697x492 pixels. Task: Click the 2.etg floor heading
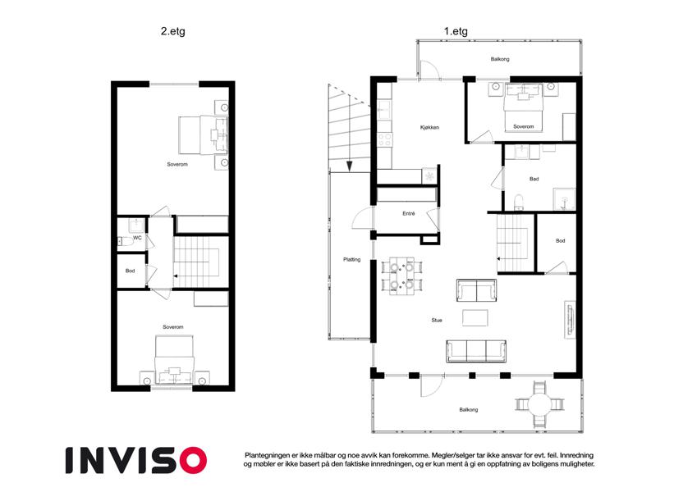(173, 32)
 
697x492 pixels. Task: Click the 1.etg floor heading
(456, 32)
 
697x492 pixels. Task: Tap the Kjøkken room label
(429, 127)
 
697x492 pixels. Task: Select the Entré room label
(409, 213)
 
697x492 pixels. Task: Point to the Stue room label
(437, 320)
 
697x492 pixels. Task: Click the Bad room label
(534, 179)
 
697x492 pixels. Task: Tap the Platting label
(351, 260)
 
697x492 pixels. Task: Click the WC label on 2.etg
(137, 238)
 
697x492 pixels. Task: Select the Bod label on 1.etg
(560, 241)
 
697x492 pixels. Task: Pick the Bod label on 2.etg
(130, 271)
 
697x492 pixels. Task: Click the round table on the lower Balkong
(539, 404)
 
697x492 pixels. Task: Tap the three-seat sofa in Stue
(476, 351)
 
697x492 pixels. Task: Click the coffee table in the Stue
(475, 318)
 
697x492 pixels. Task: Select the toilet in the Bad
(518, 202)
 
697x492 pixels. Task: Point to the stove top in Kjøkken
(385, 140)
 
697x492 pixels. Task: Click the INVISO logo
(136, 460)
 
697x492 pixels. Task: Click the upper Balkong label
(500, 59)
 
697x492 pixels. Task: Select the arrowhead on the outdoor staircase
(350, 166)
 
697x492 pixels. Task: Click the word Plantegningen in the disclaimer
(267, 455)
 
